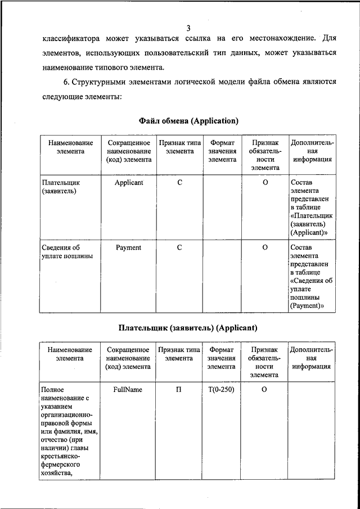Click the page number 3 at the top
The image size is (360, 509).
[188, 28]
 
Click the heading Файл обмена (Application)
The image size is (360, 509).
[188, 121]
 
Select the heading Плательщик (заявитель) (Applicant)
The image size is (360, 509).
[188, 327]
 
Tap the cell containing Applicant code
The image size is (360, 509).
[129, 183]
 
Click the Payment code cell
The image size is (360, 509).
[128, 247]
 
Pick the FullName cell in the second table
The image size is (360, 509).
[128, 389]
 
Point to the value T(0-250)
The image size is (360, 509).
[221, 389]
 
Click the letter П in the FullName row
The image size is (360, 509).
[179, 389]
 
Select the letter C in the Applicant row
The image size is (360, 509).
[179, 183]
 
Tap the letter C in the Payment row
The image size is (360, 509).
[179, 247]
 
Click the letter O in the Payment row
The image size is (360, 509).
[265, 247]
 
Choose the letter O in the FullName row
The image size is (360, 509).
[264, 389]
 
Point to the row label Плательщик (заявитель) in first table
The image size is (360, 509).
[61, 187]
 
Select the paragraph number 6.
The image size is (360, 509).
[66, 82]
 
